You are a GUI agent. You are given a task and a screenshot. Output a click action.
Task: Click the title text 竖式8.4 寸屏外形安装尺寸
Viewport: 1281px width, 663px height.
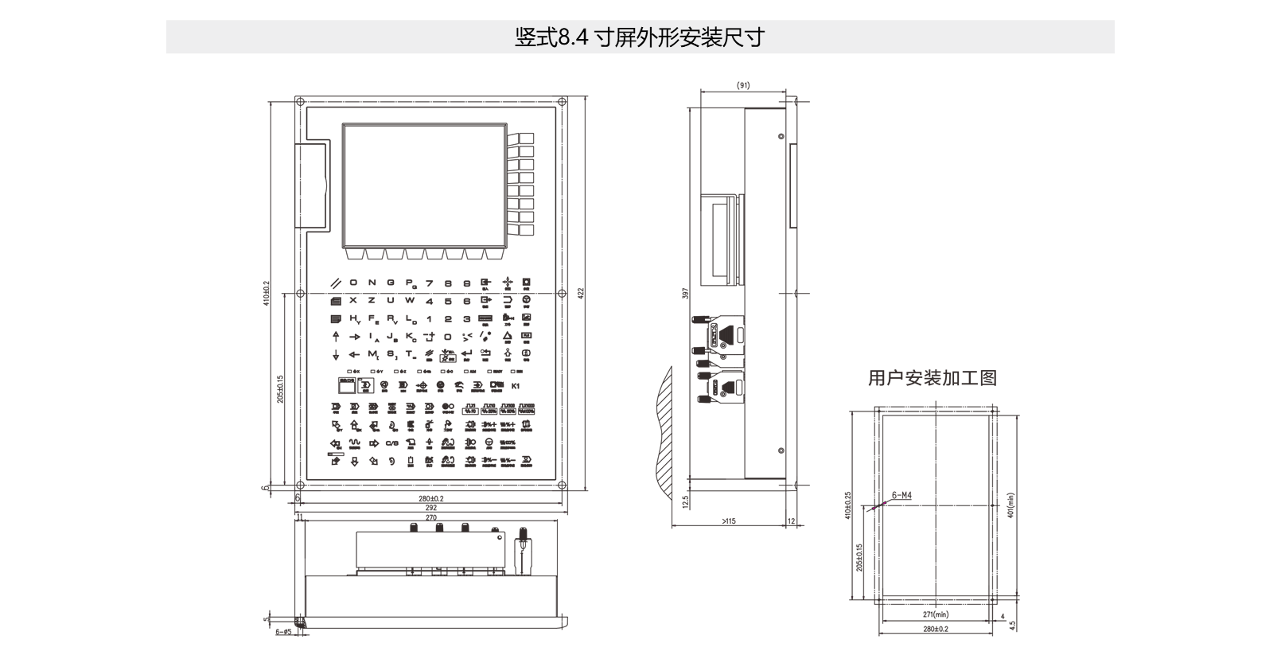tap(639, 37)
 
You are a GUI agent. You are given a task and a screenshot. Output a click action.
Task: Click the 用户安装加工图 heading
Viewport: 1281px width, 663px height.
tap(932, 378)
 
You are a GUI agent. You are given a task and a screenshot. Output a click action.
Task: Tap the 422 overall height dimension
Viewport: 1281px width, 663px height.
tap(580, 293)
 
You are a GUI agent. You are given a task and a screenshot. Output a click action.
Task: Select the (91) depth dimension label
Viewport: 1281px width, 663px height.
tap(743, 85)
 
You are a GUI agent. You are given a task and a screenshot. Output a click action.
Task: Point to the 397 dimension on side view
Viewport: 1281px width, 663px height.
tap(685, 293)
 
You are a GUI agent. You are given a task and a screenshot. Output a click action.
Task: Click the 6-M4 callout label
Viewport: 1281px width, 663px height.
tap(901, 496)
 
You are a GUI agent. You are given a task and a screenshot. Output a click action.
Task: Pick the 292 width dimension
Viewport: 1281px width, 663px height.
tap(430, 507)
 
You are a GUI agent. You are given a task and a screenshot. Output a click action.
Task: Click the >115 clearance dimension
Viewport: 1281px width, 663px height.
tap(728, 521)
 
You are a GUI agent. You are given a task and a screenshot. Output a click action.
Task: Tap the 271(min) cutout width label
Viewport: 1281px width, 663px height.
tap(936, 614)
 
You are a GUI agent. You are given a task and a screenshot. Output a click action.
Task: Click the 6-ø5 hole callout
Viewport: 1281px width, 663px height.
tap(283, 632)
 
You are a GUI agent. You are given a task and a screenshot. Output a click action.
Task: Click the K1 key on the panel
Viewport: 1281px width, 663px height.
tap(515, 387)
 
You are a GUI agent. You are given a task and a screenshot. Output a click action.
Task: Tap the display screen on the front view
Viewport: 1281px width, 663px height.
tap(424, 185)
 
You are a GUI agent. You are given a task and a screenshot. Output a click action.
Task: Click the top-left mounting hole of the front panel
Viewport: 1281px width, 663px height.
tap(299, 101)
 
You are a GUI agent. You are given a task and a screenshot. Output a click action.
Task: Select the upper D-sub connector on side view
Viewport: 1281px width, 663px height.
tap(726, 333)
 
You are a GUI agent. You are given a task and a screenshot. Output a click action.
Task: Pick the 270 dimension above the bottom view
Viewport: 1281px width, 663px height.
tap(430, 517)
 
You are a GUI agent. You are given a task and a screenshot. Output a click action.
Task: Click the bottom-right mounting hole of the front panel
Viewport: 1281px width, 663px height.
tap(562, 486)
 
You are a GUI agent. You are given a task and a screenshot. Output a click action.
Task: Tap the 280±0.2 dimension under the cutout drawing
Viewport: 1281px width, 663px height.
tap(936, 629)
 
